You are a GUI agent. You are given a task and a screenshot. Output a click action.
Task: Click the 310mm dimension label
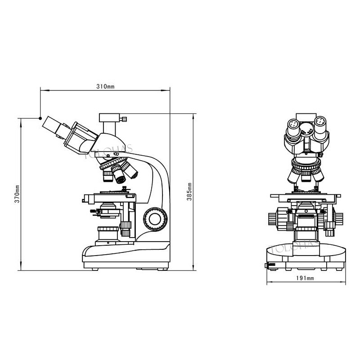[x=105, y=86]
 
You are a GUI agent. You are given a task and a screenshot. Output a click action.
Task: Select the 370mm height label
[x=17, y=194]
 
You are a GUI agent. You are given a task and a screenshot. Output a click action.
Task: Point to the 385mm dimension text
[x=189, y=192]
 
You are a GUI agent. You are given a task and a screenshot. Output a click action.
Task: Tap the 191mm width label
[x=305, y=278]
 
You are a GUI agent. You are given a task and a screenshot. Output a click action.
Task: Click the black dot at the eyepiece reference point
[x=40, y=118]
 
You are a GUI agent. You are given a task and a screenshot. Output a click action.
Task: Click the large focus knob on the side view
[x=155, y=219]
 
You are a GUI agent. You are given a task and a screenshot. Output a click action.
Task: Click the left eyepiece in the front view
[x=293, y=129]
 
